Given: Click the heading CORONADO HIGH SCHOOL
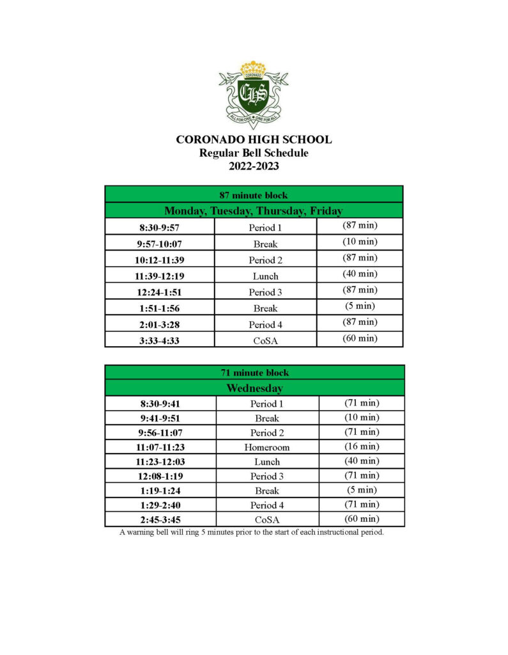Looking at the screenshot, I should pyautogui.click(x=254, y=139).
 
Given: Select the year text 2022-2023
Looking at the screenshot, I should pyautogui.click(x=254, y=167).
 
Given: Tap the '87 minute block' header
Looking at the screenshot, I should pyautogui.click(x=254, y=194).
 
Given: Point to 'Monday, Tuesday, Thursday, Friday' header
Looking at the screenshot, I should pyautogui.click(x=254, y=210).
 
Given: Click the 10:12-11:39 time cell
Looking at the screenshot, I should pyautogui.click(x=160, y=260).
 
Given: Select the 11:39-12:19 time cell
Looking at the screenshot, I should pyautogui.click(x=160, y=276).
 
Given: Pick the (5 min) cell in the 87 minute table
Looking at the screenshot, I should pyautogui.click(x=360, y=306).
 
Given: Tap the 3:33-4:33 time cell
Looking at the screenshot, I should pyautogui.click(x=160, y=341).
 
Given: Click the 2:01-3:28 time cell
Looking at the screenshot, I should pyautogui.click(x=160, y=325).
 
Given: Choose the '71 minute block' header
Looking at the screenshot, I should pyautogui.click(x=254, y=372).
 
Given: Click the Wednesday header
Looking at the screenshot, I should pyautogui.click(x=254, y=388).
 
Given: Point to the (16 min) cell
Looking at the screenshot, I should pyautogui.click(x=362, y=446).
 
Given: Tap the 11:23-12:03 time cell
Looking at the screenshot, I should pyautogui.click(x=161, y=462).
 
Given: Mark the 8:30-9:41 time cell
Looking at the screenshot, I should pyautogui.click(x=161, y=404).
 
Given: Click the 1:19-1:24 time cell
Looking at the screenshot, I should pyautogui.click(x=161, y=491).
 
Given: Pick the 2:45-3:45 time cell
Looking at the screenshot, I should pyautogui.click(x=161, y=520).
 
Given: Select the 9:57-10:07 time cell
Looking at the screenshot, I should pyautogui.click(x=160, y=244).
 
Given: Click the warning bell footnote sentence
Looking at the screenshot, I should pyautogui.click(x=252, y=532).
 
